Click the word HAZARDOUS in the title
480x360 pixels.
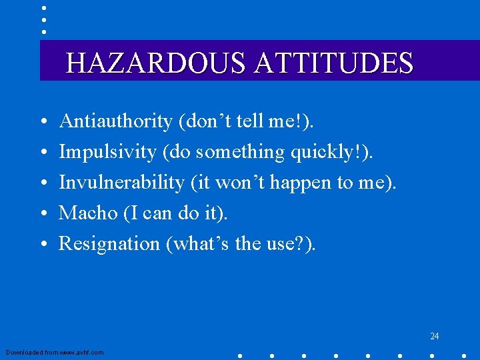tap(157, 63)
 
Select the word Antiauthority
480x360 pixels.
tap(116, 121)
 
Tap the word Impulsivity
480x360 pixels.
tap(107, 152)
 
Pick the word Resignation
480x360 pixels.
tap(109, 243)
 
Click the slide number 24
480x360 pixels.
tap(434, 336)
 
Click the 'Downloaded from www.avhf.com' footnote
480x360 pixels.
tap(55, 352)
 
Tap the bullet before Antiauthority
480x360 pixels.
tap(43, 123)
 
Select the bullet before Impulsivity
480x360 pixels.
tap(43, 153)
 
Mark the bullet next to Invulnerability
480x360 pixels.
tap(43, 184)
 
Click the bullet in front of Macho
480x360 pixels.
tap(43, 215)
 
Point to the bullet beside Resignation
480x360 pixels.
tap(43, 245)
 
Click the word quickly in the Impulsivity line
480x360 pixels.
tap(322, 153)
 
